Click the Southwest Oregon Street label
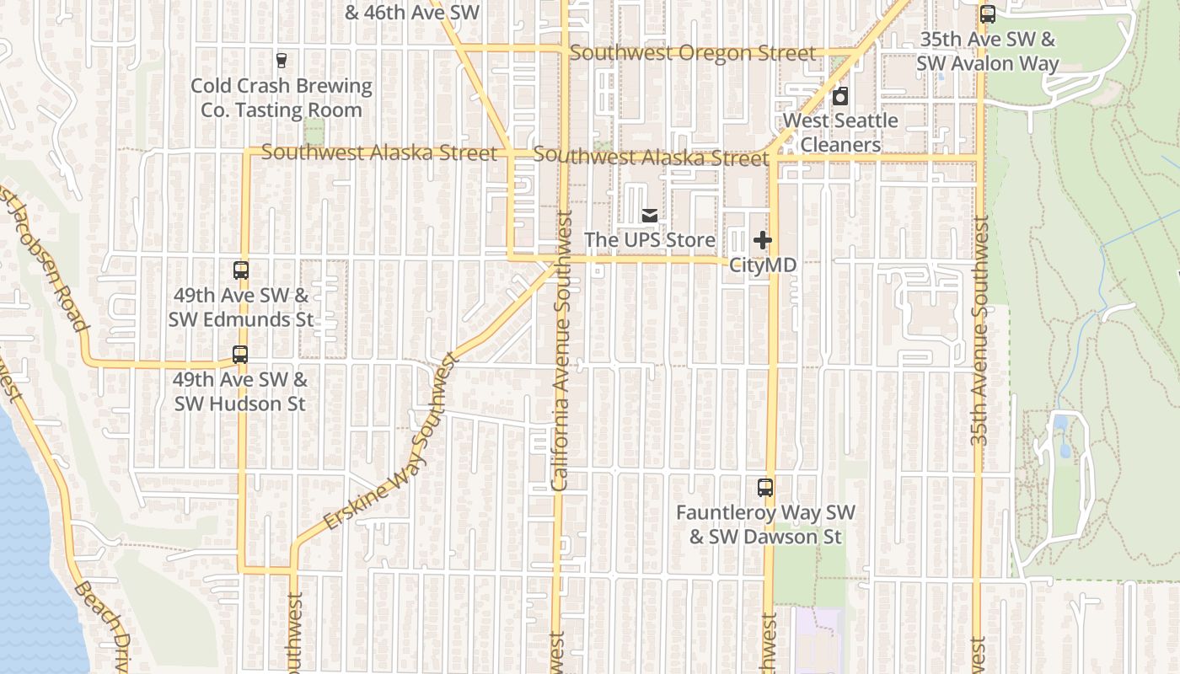pos(693,53)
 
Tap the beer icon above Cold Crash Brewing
pos(282,61)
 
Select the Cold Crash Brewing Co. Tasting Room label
pos(282,98)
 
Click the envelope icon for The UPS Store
pos(650,216)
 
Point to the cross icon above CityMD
pos(763,241)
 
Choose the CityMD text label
pos(763,265)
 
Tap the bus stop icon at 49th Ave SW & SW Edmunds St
pos(241,270)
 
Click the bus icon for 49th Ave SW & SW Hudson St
pos(240,355)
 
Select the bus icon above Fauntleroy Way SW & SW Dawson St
pos(765,487)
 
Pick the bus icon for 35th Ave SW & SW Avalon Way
pos(987,14)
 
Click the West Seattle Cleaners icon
pos(840,96)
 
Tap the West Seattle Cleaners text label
pos(840,132)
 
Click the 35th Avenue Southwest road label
pos(979,330)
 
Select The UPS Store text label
pos(650,240)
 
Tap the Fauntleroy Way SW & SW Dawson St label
pos(765,524)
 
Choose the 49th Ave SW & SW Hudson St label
pos(240,392)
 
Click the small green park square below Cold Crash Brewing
pos(314,132)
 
